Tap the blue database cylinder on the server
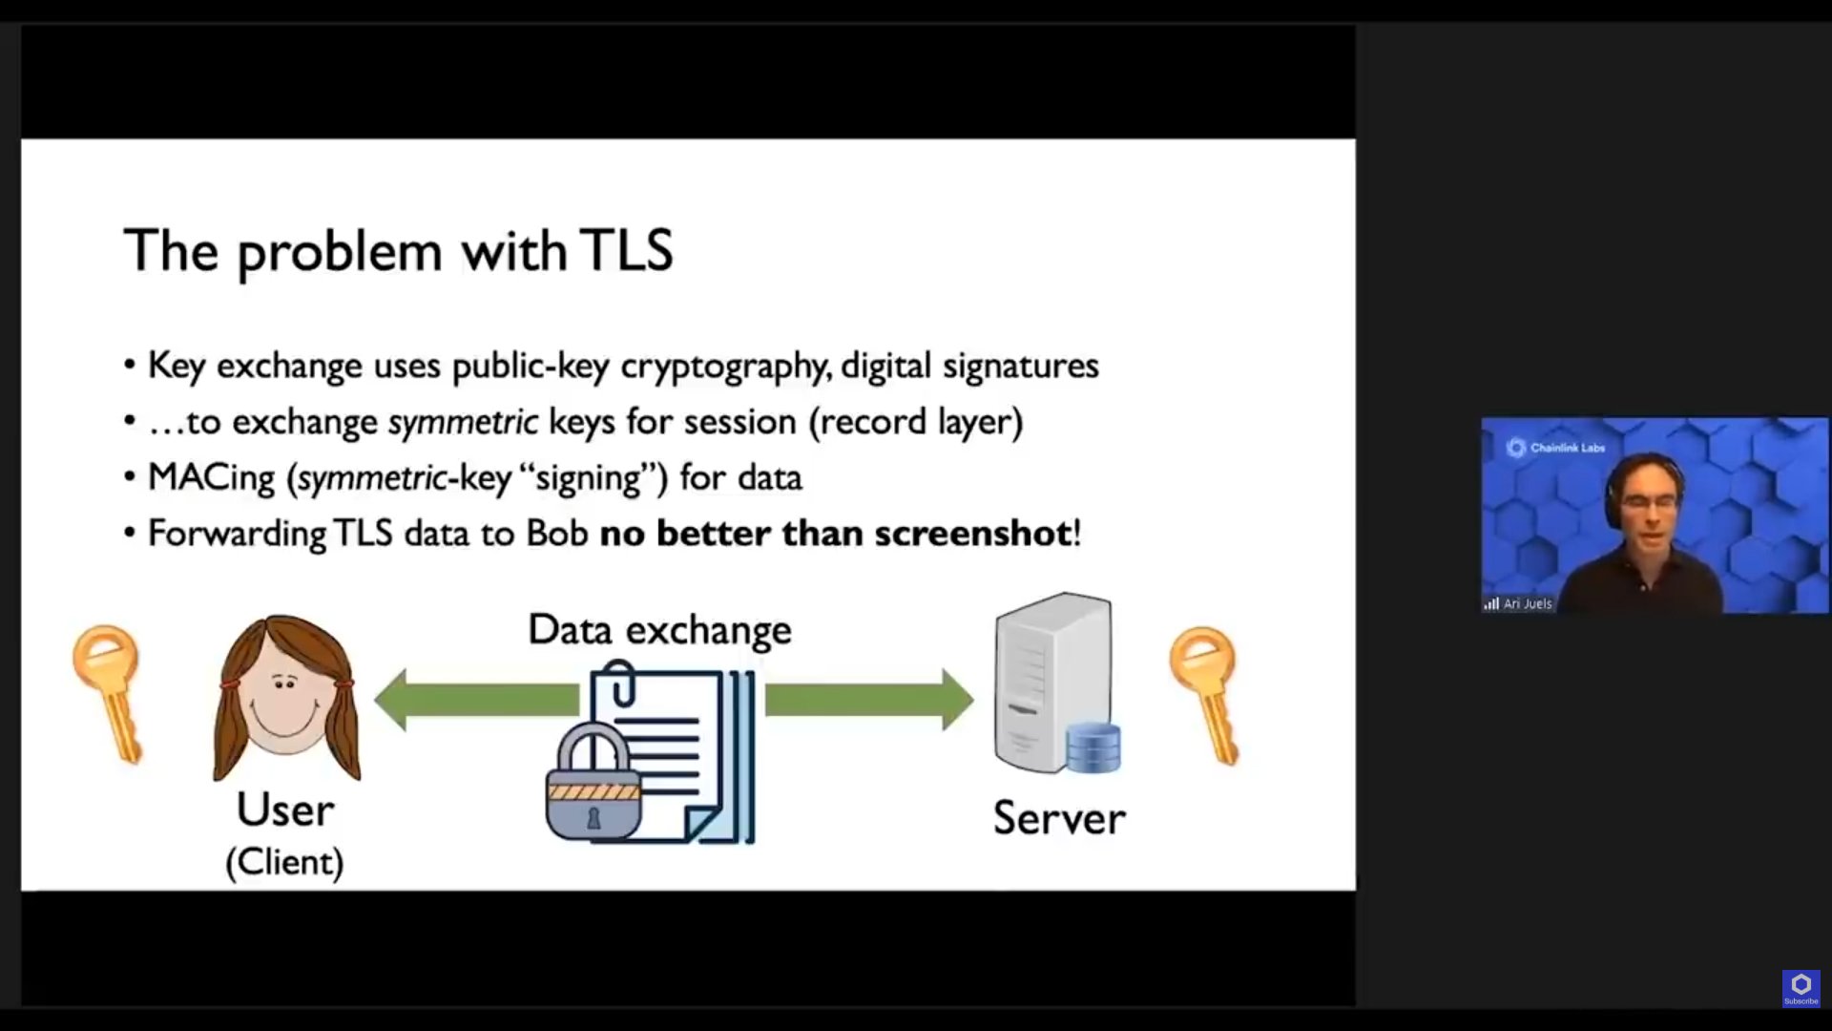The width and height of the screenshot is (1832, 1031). [1093, 747]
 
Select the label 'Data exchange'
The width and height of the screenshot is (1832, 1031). [659, 630]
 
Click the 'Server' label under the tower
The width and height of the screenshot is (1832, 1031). [1059, 818]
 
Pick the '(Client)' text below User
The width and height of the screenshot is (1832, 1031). [284, 862]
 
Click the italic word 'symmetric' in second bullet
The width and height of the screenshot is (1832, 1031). [463, 422]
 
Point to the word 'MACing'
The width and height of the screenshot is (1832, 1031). [211, 477]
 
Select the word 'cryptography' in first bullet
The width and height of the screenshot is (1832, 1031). [723, 367]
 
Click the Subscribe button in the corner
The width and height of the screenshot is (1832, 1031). [1801, 988]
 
